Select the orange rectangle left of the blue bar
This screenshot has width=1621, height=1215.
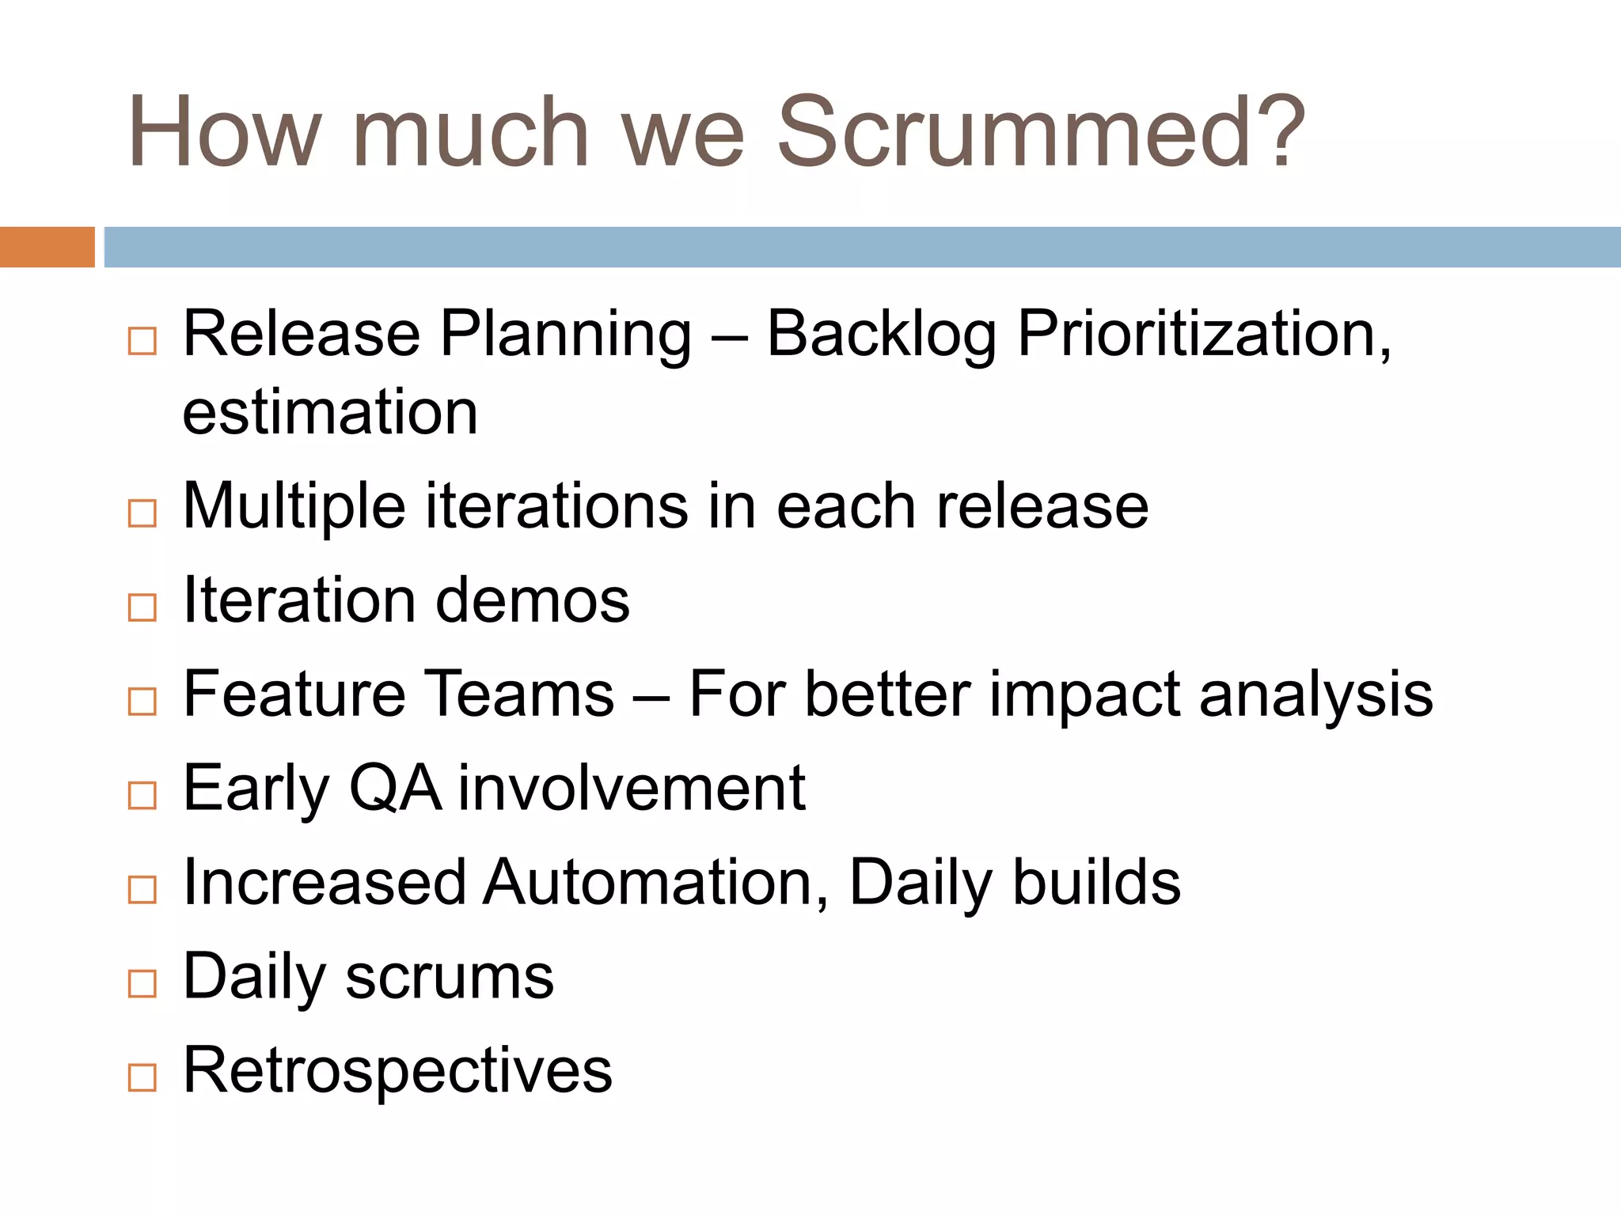click(x=47, y=247)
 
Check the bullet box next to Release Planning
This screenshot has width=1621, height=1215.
click(x=142, y=342)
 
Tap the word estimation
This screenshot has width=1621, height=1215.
click(x=330, y=413)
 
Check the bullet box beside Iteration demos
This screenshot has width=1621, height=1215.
click(x=142, y=607)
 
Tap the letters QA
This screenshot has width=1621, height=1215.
click(x=395, y=789)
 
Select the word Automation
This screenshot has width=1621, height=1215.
click(x=656, y=883)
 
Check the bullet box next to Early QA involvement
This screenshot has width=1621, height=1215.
click(x=142, y=795)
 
